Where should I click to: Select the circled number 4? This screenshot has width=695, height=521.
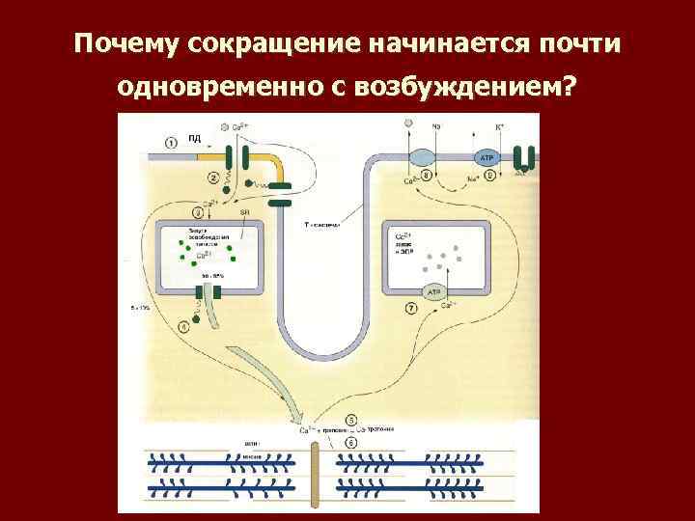point(184,327)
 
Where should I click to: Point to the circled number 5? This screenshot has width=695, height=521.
point(350,421)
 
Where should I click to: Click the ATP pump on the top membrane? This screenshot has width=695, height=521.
point(486,156)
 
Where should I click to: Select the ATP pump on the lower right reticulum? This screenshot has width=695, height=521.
point(433,291)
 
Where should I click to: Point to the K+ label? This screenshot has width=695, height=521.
point(499,126)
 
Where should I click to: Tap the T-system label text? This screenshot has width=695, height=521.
point(322,224)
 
